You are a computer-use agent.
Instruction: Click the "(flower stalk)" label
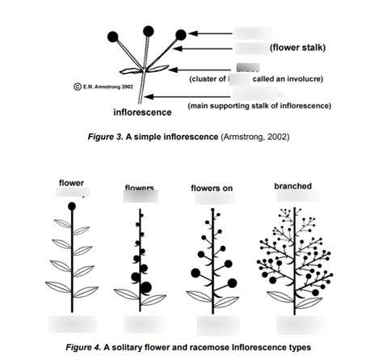click(x=298, y=49)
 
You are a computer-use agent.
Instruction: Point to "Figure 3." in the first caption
click(x=105, y=137)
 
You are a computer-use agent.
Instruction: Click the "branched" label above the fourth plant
click(x=293, y=186)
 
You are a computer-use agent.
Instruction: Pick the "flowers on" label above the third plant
click(x=212, y=188)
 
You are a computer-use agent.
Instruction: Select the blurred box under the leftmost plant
click(x=73, y=323)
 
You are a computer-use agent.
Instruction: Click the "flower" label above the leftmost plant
click(x=71, y=183)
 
